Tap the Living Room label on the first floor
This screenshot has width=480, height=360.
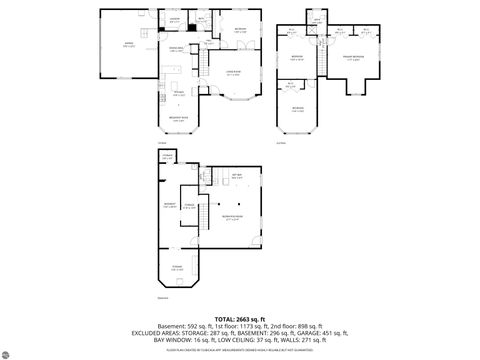point(233,73)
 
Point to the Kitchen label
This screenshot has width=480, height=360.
point(178,94)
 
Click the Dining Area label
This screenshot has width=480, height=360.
point(176,49)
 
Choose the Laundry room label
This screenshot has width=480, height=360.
point(174,20)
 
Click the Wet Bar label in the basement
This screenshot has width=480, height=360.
point(237,176)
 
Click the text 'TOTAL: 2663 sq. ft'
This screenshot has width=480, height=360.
point(239,317)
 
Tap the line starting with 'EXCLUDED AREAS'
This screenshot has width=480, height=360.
point(239,331)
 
